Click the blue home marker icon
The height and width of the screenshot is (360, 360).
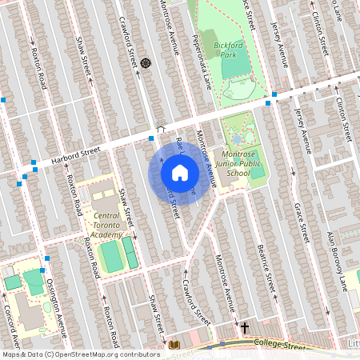coord(180,172)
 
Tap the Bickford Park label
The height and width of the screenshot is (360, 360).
coord(230,50)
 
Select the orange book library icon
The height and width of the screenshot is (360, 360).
coord(175,345)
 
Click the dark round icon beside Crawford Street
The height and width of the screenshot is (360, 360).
coord(146,62)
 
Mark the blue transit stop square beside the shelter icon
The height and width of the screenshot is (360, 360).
coord(151,138)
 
